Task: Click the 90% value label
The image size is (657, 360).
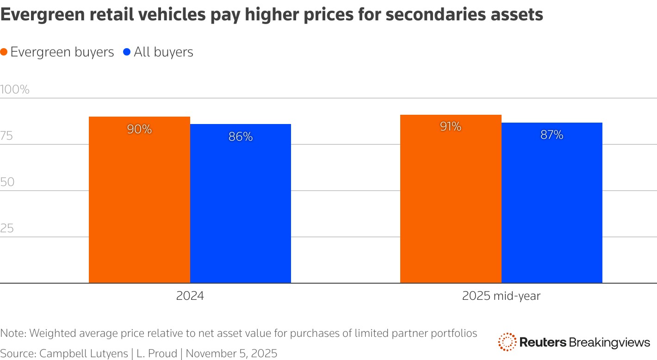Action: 139,130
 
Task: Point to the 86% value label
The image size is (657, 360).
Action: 241,137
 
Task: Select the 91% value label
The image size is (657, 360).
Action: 451,127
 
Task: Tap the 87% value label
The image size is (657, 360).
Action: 552,135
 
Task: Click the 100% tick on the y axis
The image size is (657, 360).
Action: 15,89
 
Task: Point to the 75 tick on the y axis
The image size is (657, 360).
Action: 7,136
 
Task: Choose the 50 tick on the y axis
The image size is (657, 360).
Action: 7,182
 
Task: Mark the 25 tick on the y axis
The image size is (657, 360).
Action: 7,228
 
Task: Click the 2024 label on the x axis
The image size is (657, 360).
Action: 190,296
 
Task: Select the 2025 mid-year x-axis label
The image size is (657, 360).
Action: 501,296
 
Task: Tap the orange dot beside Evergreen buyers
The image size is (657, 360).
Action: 4,52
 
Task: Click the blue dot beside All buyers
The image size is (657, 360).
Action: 127,52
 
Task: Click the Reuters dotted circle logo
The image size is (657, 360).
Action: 507,342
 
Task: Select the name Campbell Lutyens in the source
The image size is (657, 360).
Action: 84,354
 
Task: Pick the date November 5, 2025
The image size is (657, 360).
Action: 231,354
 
